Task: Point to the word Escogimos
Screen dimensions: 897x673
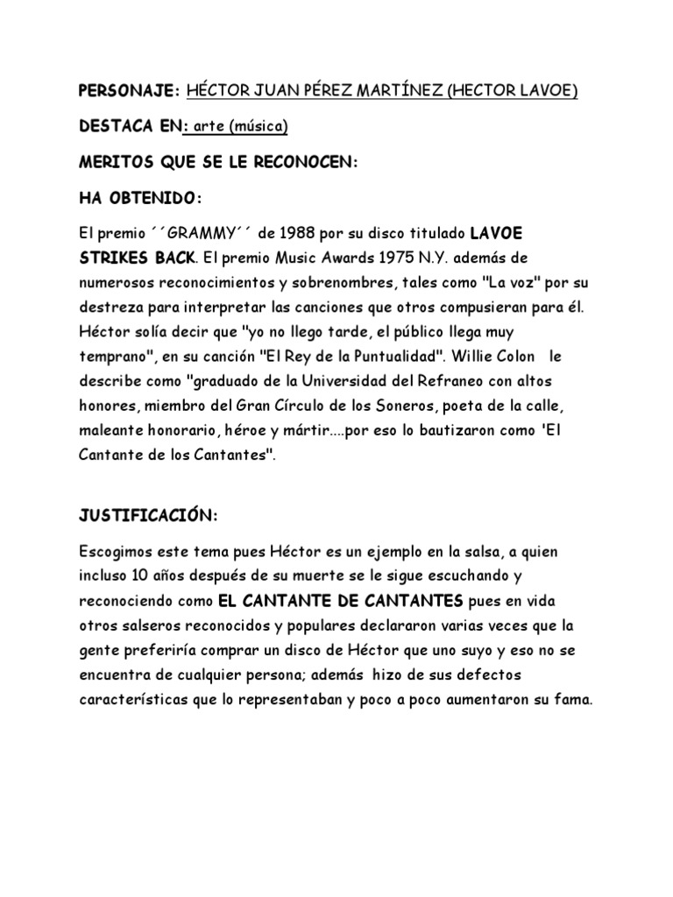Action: pos(115,554)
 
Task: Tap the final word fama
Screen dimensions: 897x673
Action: pos(573,701)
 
